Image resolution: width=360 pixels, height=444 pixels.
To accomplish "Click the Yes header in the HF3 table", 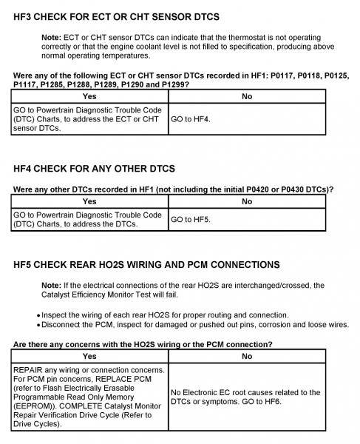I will [89, 96].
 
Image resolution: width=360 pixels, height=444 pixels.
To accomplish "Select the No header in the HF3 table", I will [247, 96].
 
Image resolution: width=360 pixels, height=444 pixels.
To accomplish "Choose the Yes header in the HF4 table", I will [89, 201].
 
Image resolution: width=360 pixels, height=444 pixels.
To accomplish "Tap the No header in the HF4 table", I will [247, 201].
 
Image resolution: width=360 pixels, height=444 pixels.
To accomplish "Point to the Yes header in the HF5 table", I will [89, 356].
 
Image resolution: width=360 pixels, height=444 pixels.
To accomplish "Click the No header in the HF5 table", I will [247, 356].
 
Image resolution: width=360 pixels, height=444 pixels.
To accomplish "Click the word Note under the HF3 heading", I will [52, 36].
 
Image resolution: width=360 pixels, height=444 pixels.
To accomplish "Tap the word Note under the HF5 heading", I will [52, 285].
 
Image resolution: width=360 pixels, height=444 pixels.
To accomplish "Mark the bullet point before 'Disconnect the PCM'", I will [38, 325].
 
